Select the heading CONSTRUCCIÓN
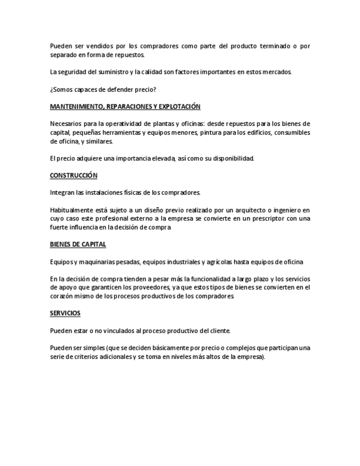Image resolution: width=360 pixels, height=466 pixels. tap(73, 175)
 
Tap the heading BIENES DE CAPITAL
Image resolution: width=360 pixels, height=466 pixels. tap(77, 244)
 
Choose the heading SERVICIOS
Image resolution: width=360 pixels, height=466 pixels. tap(65, 313)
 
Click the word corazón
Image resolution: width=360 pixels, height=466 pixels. tap(61, 296)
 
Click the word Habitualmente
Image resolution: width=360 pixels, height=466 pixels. tap(71, 210)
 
